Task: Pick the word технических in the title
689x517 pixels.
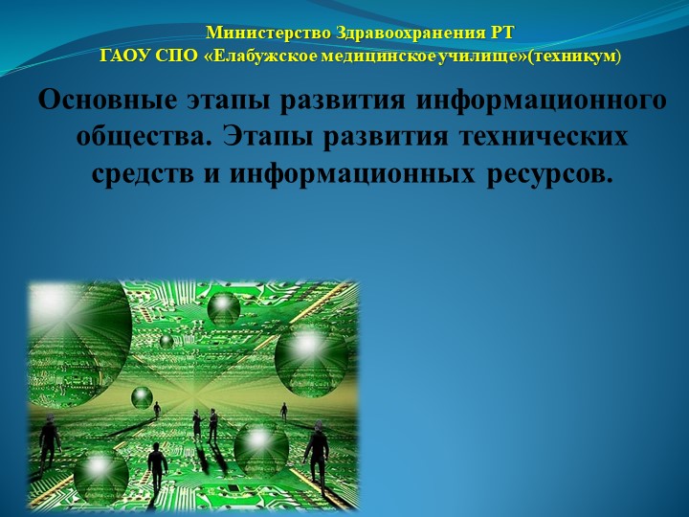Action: [x=541, y=137]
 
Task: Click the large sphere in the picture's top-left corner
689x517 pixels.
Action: [x=72, y=321]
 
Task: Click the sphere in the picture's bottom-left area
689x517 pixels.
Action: [x=100, y=474]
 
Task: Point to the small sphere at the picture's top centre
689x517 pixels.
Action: [x=224, y=307]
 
